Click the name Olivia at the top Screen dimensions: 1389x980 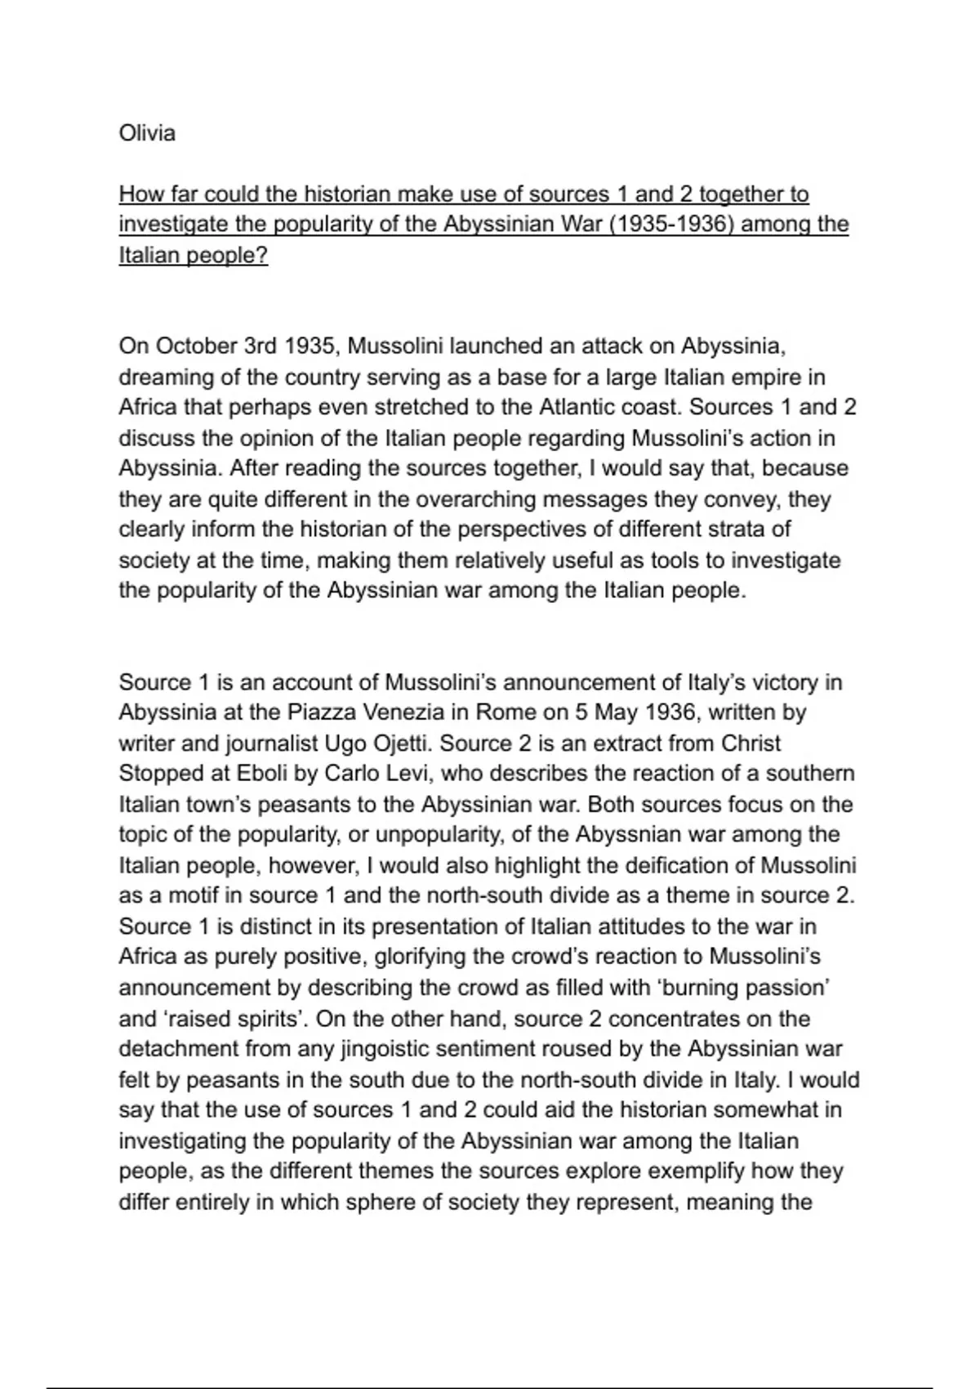(147, 132)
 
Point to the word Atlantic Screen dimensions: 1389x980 (581, 407)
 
